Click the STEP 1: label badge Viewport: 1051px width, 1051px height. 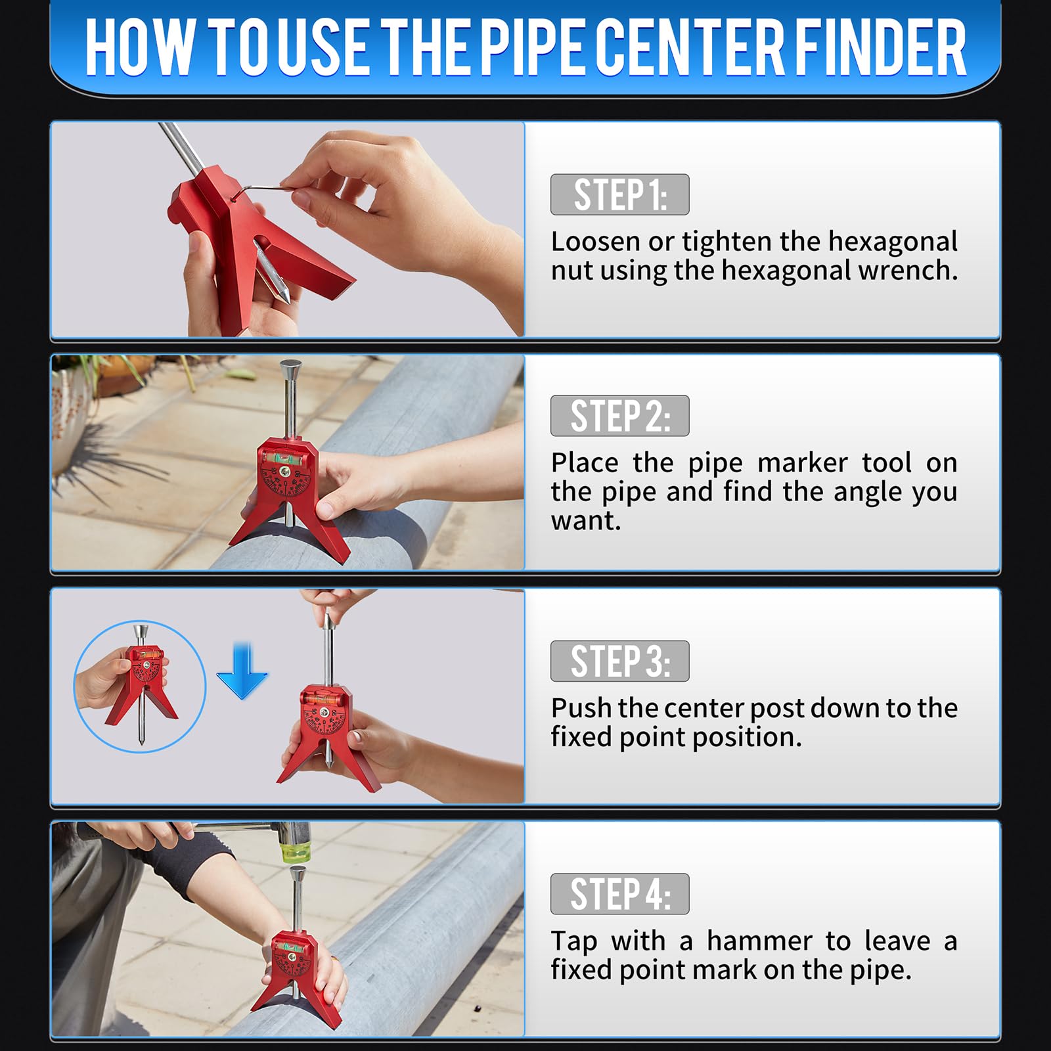[x=619, y=194]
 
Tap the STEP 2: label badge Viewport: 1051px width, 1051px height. [x=619, y=416]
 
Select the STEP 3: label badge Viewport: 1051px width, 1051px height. [x=619, y=661]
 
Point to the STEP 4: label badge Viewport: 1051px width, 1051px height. [x=619, y=894]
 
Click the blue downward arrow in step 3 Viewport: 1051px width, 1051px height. [x=242, y=671]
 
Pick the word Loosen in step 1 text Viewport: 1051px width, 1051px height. [x=595, y=242]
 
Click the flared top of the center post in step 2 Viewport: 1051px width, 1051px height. [x=290, y=369]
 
